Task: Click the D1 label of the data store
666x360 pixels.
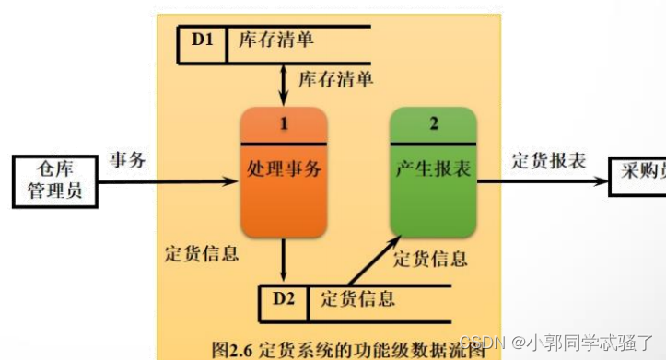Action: click(202, 41)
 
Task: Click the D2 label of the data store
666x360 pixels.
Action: click(283, 298)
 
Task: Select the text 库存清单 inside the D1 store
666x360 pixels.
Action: click(275, 41)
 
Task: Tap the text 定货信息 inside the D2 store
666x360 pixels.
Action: click(357, 298)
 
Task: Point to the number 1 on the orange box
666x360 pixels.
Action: click(284, 123)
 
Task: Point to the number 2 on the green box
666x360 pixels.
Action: click(432, 123)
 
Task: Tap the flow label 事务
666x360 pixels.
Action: click(127, 159)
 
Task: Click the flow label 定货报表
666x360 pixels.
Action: click(549, 159)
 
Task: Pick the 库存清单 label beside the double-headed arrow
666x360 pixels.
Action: click(335, 79)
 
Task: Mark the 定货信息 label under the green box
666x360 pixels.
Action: click(430, 259)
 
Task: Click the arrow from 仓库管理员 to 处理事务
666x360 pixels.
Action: click(166, 180)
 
